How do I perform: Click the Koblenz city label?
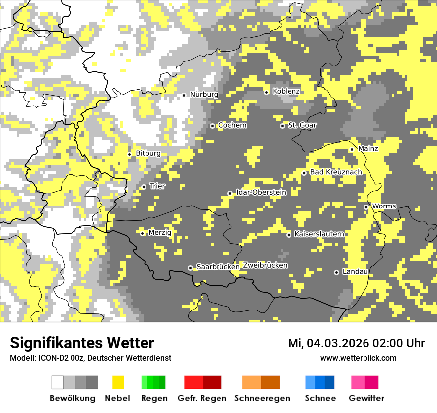tap(286, 91)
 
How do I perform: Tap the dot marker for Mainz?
tap(352, 149)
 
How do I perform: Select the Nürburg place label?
tap(204, 94)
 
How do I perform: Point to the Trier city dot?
tap(144, 187)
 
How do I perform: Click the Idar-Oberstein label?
tap(261, 193)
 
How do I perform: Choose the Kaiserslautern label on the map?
tap(319, 234)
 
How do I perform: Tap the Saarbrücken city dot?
tap(190, 268)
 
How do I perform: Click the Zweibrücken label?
tap(265, 265)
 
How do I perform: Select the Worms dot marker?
tap(366, 207)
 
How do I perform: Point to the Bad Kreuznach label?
tap(336, 172)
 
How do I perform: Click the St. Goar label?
tap(302, 125)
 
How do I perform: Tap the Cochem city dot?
tap(212, 126)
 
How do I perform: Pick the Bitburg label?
tap(148, 153)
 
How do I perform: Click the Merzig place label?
tap(160, 232)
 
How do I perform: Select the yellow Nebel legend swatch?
tap(118, 382)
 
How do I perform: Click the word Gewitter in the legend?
tap(366, 398)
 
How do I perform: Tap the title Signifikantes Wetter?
tap(82, 343)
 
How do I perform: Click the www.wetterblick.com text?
tap(359, 358)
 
